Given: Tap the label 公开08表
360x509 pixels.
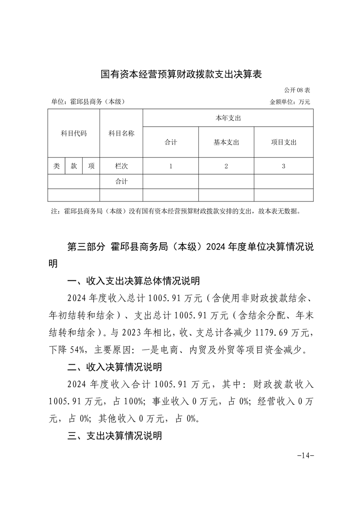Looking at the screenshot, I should coord(297,90).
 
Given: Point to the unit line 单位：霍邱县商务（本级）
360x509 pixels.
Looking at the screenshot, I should coord(88,102).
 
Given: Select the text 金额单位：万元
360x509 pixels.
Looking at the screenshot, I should coord(290,102).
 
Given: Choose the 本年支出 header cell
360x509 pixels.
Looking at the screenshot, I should coord(228,118).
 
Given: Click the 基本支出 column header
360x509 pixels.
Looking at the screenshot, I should coord(226,142).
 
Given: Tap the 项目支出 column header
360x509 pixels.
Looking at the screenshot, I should coord(283,142).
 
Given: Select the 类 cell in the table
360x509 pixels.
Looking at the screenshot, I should coord(56,166).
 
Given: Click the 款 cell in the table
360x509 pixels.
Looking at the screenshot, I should coord(74,166).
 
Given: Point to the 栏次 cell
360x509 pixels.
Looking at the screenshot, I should coord(121,166).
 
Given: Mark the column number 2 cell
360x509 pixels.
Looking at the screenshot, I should coord(226,166).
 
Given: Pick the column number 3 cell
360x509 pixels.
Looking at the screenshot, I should coord(283,166).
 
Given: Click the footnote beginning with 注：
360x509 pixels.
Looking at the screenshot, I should coord(176,211).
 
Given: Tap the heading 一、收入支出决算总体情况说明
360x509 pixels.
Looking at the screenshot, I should coord(133,282).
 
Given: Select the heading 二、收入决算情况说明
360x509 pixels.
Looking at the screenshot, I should coord(114,367).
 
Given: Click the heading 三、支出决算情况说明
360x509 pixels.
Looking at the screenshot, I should coord(114,436).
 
